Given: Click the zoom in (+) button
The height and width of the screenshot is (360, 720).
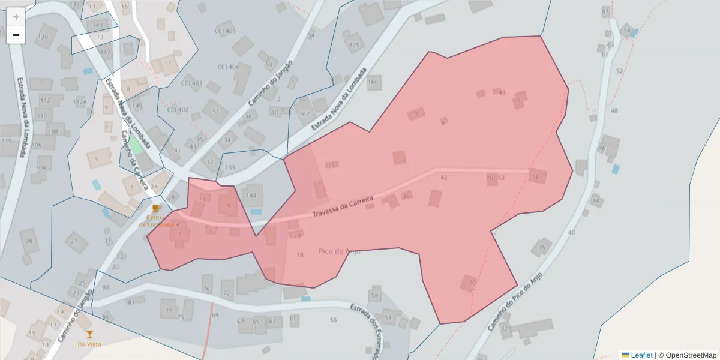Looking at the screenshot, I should [x=16, y=17].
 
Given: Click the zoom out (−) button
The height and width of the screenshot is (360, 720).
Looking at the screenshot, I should [x=16, y=35].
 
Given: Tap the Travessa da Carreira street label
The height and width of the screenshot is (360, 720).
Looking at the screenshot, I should [x=343, y=206].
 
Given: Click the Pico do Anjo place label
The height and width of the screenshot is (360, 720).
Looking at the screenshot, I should [x=340, y=251].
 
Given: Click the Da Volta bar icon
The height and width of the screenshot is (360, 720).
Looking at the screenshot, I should [x=89, y=334].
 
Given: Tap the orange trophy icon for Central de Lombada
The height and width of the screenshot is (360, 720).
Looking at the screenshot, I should [x=156, y=208].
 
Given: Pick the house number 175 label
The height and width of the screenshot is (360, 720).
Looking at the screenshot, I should [x=355, y=45].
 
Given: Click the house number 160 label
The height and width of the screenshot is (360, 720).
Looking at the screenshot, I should [x=373, y=82].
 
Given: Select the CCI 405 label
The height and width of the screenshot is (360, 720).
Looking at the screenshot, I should [x=225, y=31].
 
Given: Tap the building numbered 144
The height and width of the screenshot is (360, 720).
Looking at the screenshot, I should [x=251, y=196].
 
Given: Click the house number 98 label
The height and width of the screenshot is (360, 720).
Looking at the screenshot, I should [x=29, y=241].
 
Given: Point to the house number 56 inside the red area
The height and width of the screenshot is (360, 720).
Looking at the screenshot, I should [x=535, y=177].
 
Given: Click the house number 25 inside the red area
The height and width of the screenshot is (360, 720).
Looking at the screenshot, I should [x=331, y=165].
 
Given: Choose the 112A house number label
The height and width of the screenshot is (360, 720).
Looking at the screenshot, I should [x=80, y=102].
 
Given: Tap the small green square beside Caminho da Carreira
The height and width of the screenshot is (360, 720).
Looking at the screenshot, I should [x=136, y=145].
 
